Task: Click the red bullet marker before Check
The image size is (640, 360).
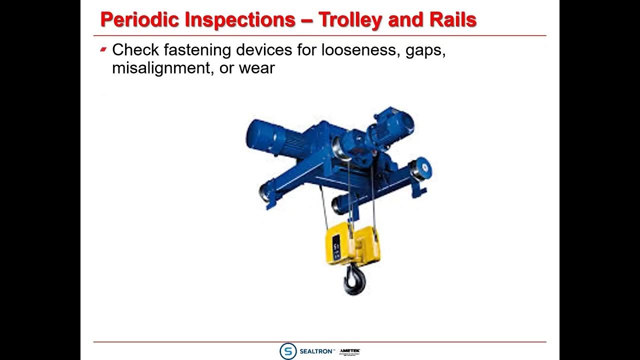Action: (103, 49)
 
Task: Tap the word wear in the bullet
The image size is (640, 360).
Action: (256, 68)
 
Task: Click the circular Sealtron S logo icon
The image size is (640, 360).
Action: (288, 351)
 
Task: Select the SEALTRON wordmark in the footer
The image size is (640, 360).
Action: (316, 351)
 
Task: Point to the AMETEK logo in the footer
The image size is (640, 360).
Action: (349, 351)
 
